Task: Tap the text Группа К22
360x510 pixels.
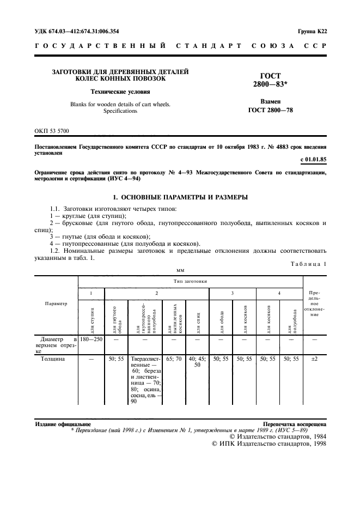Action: click(x=312, y=31)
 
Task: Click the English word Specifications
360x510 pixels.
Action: click(x=120, y=111)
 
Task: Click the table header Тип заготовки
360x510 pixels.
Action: click(x=190, y=281)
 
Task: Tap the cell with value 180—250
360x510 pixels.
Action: click(x=91, y=338)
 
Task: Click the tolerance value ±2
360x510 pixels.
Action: click(x=314, y=360)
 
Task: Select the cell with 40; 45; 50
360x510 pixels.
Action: click(x=197, y=363)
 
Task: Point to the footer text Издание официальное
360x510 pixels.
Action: click(x=63, y=423)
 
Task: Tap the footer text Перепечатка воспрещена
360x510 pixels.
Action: click(x=294, y=423)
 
